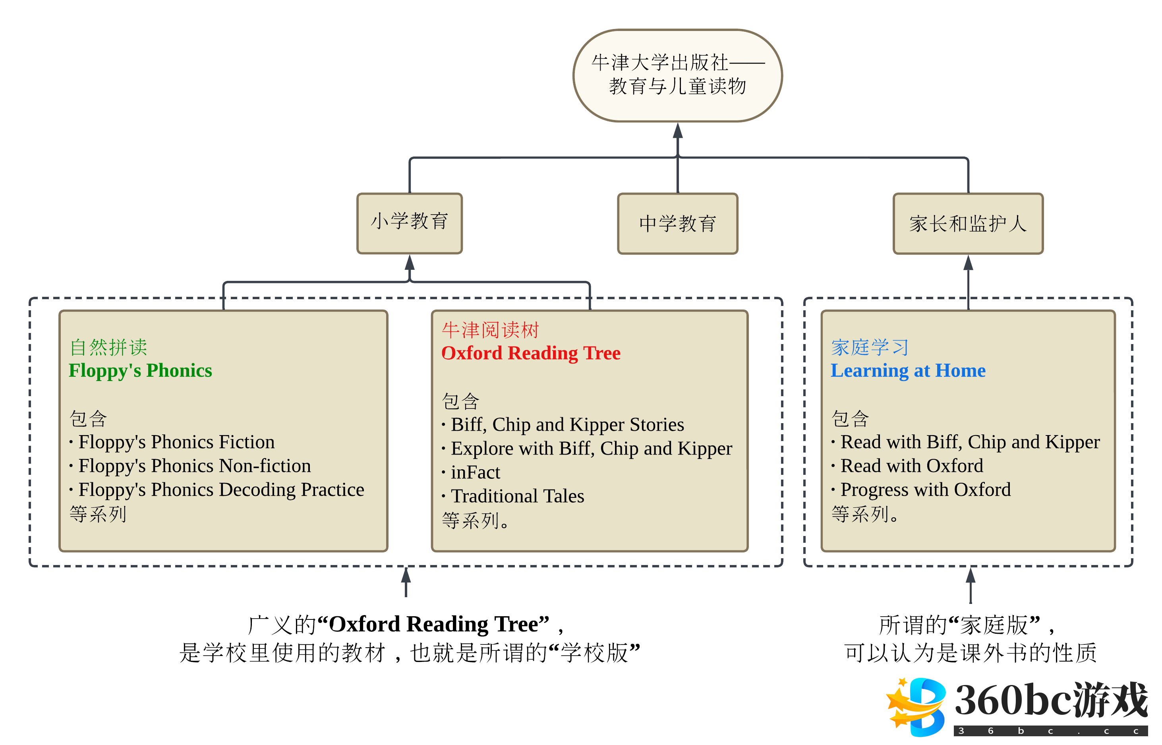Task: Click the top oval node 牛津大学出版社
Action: (x=677, y=75)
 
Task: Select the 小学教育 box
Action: (x=409, y=223)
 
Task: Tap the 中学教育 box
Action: (x=677, y=223)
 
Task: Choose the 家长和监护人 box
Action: (x=968, y=223)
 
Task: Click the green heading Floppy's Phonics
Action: (x=140, y=371)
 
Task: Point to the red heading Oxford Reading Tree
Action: (x=530, y=353)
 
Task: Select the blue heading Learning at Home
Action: (x=908, y=371)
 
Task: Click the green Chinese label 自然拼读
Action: (x=108, y=347)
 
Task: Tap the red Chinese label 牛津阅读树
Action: (x=490, y=330)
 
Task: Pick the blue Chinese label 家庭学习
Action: (x=870, y=347)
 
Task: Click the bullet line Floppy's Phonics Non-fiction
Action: (x=194, y=466)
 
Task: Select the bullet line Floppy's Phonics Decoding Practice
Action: (x=221, y=490)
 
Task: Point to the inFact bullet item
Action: (x=475, y=472)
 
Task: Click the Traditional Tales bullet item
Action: (x=517, y=496)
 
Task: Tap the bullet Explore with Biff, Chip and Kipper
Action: (x=591, y=449)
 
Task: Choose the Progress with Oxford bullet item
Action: (x=925, y=490)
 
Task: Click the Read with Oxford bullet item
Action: (x=911, y=466)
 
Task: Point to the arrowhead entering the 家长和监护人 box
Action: (x=968, y=263)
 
